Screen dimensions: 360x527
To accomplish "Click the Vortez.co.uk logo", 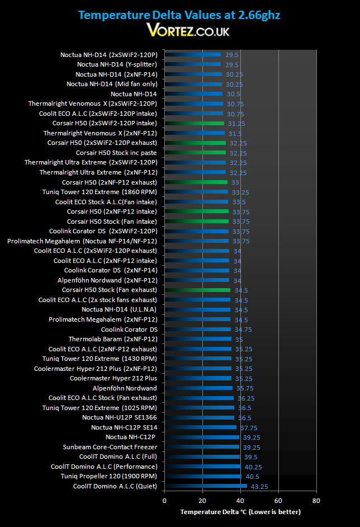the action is [x=188, y=30].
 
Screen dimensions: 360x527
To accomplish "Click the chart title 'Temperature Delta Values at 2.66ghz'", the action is [x=179, y=15].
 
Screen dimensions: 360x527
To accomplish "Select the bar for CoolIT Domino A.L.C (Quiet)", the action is [x=206, y=486].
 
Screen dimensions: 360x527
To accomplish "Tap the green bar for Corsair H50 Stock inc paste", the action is [x=195, y=153].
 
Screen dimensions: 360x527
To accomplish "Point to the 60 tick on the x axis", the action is [x=278, y=501].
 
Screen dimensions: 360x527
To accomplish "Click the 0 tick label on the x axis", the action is [x=164, y=501].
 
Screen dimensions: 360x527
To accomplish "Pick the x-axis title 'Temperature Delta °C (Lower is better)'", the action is [x=240, y=512].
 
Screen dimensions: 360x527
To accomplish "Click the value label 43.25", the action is [x=259, y=487].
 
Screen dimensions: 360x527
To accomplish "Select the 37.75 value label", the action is [x=249, y=428].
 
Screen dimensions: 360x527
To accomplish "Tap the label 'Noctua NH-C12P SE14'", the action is [x=124, y=427].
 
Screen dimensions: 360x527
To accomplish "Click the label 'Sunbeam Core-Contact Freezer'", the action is [x=110, y=447].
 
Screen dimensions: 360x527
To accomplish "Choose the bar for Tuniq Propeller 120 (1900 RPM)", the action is [x=203, y=476].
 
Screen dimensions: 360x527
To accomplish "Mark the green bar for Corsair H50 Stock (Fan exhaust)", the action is [x=197, y=290].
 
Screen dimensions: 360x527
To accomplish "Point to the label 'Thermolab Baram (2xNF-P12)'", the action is [x=113, y=339].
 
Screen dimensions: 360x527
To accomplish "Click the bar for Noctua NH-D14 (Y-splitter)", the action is [x=192, y=64].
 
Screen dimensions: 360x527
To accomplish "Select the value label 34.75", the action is [x=243, y=330].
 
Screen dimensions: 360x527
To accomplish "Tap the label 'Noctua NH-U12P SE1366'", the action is [x=120, y=417].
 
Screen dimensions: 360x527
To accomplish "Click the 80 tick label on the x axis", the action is [x=316, y=501].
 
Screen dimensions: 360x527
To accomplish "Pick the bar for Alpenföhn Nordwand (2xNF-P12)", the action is [x=197, y=280].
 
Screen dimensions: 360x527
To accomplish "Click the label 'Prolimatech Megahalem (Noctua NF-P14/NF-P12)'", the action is [x=82, y=241].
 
